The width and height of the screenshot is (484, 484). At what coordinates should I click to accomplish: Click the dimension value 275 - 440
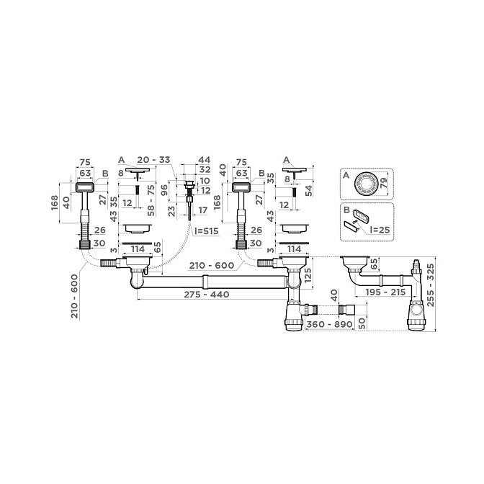click(x=207, y=295)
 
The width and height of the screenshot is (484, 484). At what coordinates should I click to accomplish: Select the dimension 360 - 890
click(x=329, y=324)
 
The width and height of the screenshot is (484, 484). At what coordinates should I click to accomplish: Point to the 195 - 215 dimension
click(x=385, y=292)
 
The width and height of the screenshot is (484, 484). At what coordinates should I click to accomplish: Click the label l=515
click(x=206, y=230)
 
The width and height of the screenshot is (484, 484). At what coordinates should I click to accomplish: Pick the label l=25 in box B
click(x=380, y=230)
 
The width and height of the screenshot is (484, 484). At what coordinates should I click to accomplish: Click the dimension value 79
click(x=383, y=184)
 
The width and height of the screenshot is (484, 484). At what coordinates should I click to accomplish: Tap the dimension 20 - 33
click(x=153, y=160)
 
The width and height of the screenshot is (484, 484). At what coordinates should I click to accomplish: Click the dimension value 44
click(x=204, y=160)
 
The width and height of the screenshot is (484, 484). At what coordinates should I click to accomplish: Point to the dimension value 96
click(x=165, y=190)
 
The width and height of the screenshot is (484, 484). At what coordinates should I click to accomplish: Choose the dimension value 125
click(x=308, y=274)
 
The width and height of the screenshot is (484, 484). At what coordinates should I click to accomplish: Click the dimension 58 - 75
click(x=151, y=201)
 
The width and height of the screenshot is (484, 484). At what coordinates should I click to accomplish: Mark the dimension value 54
click(x=308, y=190)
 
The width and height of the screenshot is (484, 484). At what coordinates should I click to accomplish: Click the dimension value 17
click(x=203, y=210)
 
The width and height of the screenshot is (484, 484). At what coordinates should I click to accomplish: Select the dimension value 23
click(x=172, y=211)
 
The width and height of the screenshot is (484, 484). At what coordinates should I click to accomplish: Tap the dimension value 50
click(x=362, y=323)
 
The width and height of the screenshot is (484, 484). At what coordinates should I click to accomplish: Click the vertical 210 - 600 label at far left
click(x=75, y=296)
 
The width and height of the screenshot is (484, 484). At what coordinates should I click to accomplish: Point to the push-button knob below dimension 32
click(x=189, y=185)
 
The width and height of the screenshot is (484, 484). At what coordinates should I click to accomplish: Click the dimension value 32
click(x=205, y=169)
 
